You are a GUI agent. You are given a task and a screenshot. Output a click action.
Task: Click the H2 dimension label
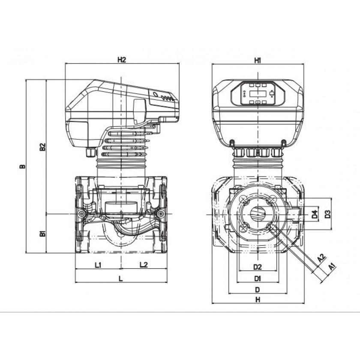[122, 59]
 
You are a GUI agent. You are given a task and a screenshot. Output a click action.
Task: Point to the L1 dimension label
[98, 265]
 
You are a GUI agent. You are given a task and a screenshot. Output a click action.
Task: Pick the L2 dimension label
[144, 265]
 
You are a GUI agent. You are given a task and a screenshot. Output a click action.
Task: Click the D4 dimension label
[315, 214]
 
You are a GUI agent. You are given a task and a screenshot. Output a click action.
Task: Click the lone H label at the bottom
[258, 299]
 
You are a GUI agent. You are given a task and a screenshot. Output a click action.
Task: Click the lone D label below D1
[258, 290]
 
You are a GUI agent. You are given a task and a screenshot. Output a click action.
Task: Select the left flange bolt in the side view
[81, 214]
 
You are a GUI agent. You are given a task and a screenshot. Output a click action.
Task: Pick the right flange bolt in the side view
[160, 214]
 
